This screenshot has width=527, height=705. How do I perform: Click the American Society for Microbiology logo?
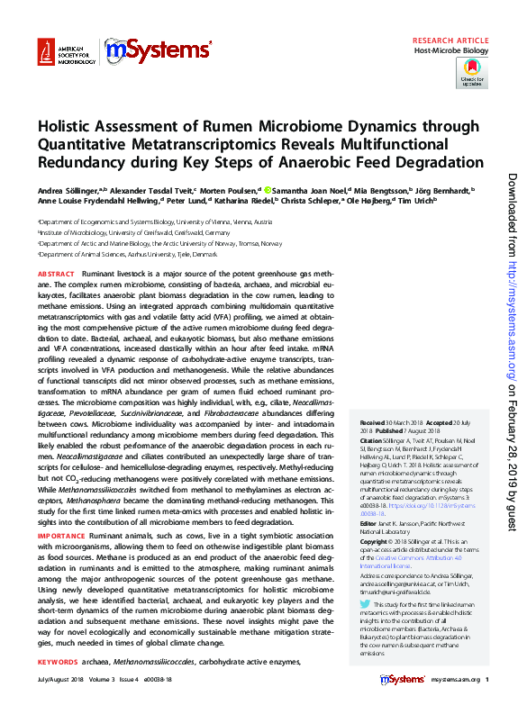pos(64,53)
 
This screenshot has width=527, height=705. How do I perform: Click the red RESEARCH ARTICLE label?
pos(450,41)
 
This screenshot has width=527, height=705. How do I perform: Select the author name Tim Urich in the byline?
pos(418,201)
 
